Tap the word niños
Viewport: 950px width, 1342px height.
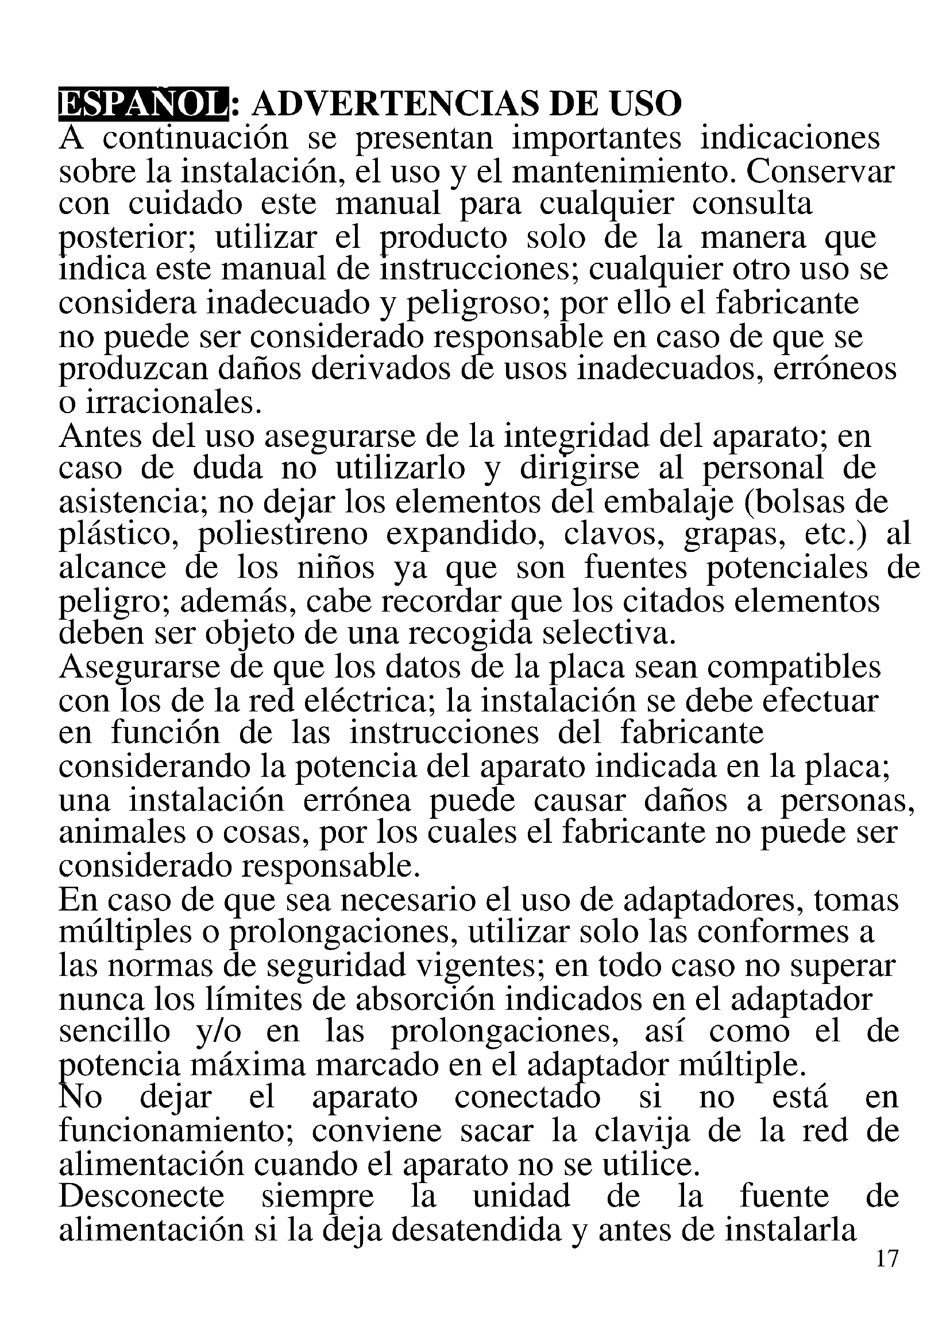tap(336, 567)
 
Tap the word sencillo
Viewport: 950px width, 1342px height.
tap(115, 1032)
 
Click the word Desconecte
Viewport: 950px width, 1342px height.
tap(141, 1196)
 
